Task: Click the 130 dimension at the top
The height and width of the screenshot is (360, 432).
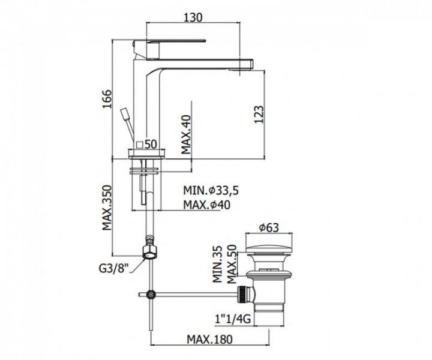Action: [x=193, y=17]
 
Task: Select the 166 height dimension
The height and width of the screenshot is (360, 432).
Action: [x=107, y=99]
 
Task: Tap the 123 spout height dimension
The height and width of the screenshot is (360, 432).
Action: [x=259, y=115]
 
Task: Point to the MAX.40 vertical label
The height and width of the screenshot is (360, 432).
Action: [x=186, y=134]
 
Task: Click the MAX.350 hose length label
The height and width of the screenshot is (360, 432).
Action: [x=107, y=208]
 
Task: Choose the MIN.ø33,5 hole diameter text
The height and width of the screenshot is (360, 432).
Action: [x=211, y=190]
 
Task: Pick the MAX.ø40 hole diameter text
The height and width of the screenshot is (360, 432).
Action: [x=207, y=205]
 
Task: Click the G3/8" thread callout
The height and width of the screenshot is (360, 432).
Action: [x=114, y=268]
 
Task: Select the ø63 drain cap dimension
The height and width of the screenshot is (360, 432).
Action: [x=269, y=227]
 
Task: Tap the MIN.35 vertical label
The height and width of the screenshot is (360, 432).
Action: [x=218, y=264]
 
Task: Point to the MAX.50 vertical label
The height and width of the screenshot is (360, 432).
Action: [x=232, y=264]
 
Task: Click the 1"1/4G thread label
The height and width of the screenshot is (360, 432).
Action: [x=233, y=319]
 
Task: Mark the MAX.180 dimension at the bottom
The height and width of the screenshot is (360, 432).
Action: [x=209, y=340]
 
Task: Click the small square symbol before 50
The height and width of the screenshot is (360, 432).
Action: [x=140, y=145]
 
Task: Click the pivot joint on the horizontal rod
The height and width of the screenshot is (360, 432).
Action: [x=151, y=295]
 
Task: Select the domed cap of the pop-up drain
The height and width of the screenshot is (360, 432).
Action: [x=269, y=249]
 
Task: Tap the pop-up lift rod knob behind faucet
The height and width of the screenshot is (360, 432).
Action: [x=125, y=114]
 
